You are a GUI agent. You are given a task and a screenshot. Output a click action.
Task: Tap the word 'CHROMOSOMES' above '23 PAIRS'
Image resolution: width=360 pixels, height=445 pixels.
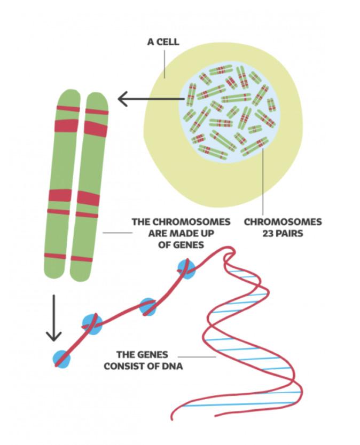pyautogui.click(x=283, y=221)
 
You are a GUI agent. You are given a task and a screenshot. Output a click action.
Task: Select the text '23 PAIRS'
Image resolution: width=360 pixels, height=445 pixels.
pyautogui.click(x=283, y=233)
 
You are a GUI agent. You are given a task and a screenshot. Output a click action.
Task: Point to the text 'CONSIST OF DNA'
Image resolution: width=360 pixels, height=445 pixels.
pyautogui.click(x=143, y=366)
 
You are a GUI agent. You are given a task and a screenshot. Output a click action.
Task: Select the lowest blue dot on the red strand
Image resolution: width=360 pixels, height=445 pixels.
pyautogui.click(x=62, y=359)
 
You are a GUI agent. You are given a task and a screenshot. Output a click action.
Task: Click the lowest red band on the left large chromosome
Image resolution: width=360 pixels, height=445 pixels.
pyautogui.click(x=55, y=256)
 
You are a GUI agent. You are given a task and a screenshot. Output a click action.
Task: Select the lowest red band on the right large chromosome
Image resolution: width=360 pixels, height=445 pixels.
pyautogui.click(x=82, y=259)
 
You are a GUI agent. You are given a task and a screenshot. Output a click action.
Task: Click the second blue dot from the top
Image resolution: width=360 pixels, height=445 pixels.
pyautogui.click(x=148, y=307)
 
